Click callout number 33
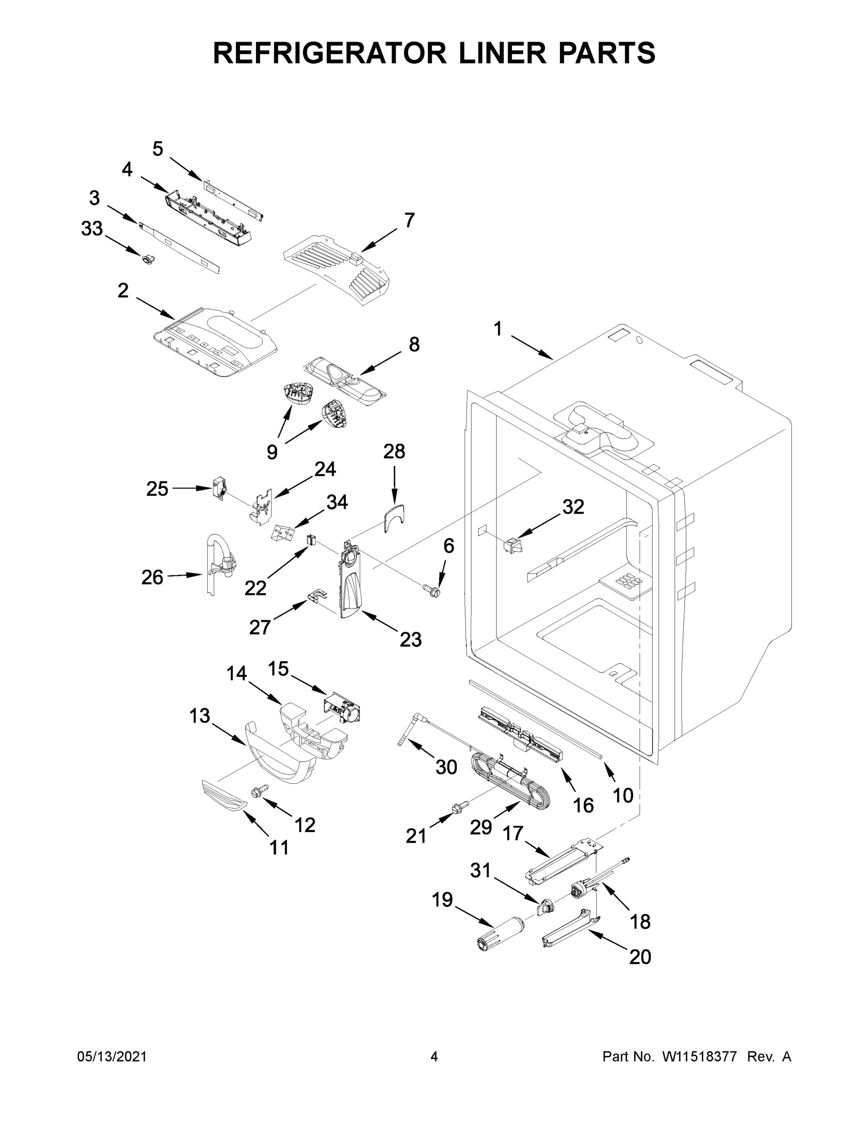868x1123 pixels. (92, 229)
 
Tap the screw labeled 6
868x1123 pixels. (432, 592)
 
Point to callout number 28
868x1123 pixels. (394, 452)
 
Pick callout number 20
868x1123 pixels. (640, 957)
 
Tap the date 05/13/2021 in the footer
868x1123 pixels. (111, 1057)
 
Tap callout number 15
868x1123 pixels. (278, 669)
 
